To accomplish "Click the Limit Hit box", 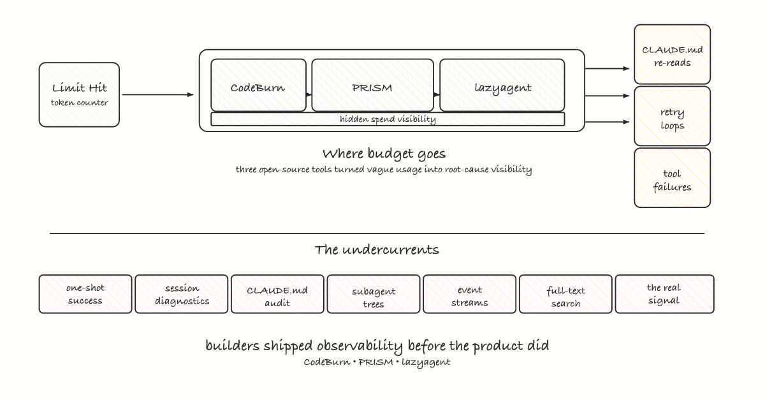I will [x=79, y=94].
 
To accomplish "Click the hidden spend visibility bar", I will [x=388, y=119].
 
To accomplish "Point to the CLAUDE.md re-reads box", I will [x=672, y=55].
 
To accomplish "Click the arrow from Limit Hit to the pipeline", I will [x=157, y=95].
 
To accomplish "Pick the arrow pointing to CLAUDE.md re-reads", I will [x=609, y=68].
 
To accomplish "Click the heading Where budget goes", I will [x=383, y=154].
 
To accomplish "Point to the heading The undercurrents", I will [x=377, y=249].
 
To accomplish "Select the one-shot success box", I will [x=85, y=294].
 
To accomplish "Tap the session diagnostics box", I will [x=182, y=294].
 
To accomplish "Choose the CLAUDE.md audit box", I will [x=277, y=294].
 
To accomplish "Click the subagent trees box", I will [x=374, y=295].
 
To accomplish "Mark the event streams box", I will [x=470, y=295].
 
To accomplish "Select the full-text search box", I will [x=565, y=295].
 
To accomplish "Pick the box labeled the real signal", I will [x=664, y=294].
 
